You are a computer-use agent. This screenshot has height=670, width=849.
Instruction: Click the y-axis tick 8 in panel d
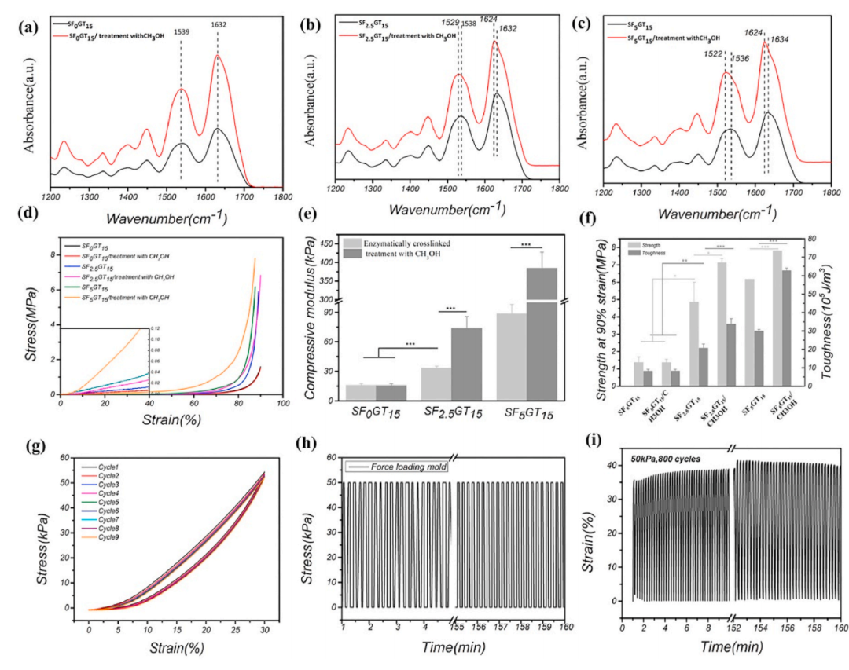point(52,254)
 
